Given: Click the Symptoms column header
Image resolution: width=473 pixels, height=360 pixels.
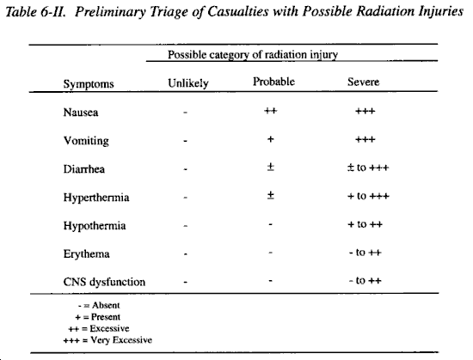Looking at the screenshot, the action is click(x=89, y=83).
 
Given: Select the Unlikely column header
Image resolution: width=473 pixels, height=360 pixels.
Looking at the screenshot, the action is click(x=188, y=83).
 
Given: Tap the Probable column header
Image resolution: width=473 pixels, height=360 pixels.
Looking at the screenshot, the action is click(x=273, y=82).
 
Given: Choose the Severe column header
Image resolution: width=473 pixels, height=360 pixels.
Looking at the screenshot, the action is click(x=363, y=82).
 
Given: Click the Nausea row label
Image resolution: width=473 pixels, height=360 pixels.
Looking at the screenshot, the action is click(x=81, y=113).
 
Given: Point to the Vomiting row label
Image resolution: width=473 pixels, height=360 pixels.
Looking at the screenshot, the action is click(x=86, y=141).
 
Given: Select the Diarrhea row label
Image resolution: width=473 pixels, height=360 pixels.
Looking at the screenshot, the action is click(x=84, y=169).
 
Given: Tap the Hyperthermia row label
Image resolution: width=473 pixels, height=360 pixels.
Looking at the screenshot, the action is click(x=96, y=198).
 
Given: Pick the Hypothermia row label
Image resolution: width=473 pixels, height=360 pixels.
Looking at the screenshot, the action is click(x=95, y=226).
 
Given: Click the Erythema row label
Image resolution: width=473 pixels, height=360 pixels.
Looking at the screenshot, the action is click(x=86, y=254).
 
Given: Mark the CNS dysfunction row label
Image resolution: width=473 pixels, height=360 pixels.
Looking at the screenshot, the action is click(x=104, y=282).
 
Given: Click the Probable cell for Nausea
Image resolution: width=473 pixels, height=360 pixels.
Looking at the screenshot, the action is click(x=271, y=111).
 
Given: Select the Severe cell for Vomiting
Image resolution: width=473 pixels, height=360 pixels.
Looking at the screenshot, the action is click(x=365, y=139).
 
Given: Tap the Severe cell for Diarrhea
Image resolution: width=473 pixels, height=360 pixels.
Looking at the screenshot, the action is click(x=368, y=168).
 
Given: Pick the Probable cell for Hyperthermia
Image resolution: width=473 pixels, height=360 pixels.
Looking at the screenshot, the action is click(x=271, y=196).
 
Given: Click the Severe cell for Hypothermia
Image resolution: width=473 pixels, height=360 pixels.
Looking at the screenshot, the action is click(x=365, y=224).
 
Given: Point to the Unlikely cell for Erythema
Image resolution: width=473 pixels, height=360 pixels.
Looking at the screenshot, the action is click(x=185, y=254).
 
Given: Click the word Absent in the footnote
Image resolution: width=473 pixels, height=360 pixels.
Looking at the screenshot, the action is click(x=106, y=305).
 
